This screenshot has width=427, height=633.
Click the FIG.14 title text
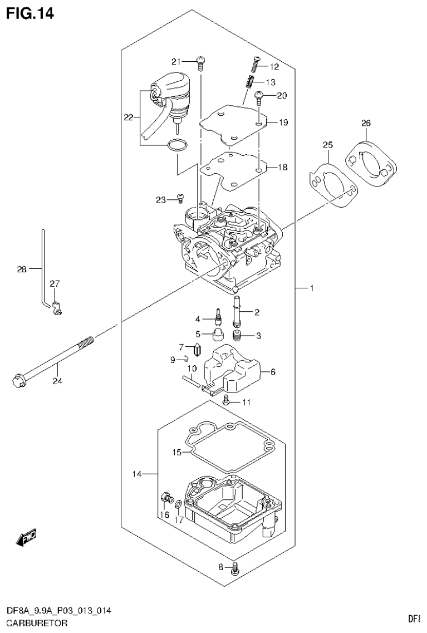(30, 13)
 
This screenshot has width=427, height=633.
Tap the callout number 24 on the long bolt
(58, 381)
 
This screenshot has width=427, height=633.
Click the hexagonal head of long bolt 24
(16, 381)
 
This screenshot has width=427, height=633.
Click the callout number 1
(312, 288)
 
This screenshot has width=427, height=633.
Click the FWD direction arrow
(26, 538)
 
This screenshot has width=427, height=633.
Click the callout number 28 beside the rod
(22, 270)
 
